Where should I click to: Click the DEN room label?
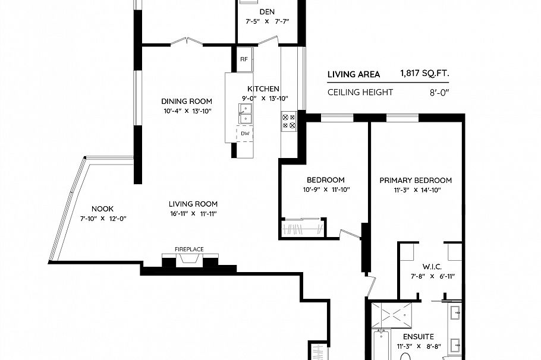(267, 12)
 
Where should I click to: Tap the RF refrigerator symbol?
(244, 59)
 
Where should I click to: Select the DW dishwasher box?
(245, 134)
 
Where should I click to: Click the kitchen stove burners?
(290, 121)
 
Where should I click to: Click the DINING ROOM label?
(188, 101)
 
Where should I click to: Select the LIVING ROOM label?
(193, 203)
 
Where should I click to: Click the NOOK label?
(103, 209)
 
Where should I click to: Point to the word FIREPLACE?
(189, 249)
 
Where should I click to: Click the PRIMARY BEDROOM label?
(416, 181)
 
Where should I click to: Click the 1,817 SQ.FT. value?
(424, 74)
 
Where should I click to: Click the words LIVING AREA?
(354, 74)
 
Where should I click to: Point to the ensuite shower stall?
(394, 313)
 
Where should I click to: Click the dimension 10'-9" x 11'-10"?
(326, 190)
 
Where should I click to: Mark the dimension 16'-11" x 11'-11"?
(193, 213)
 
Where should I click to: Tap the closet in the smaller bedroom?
(303, 229)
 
